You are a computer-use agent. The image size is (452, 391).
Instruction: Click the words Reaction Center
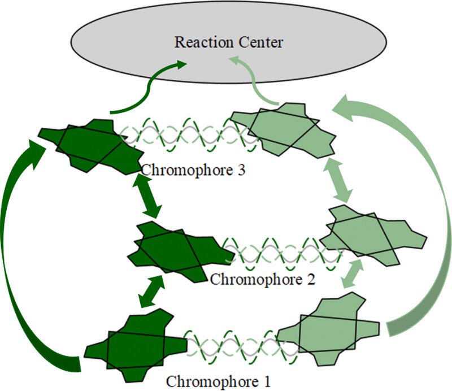pyautogui.click(x=228, y=42)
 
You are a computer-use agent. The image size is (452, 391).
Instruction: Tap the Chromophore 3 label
pyautogui.click(x=193, y=171)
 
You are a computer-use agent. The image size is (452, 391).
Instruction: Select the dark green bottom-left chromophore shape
pyautogui.click(x=136, y=345)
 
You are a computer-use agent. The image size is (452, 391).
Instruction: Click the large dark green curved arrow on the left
pyautogui.click(x=14, y=254)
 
